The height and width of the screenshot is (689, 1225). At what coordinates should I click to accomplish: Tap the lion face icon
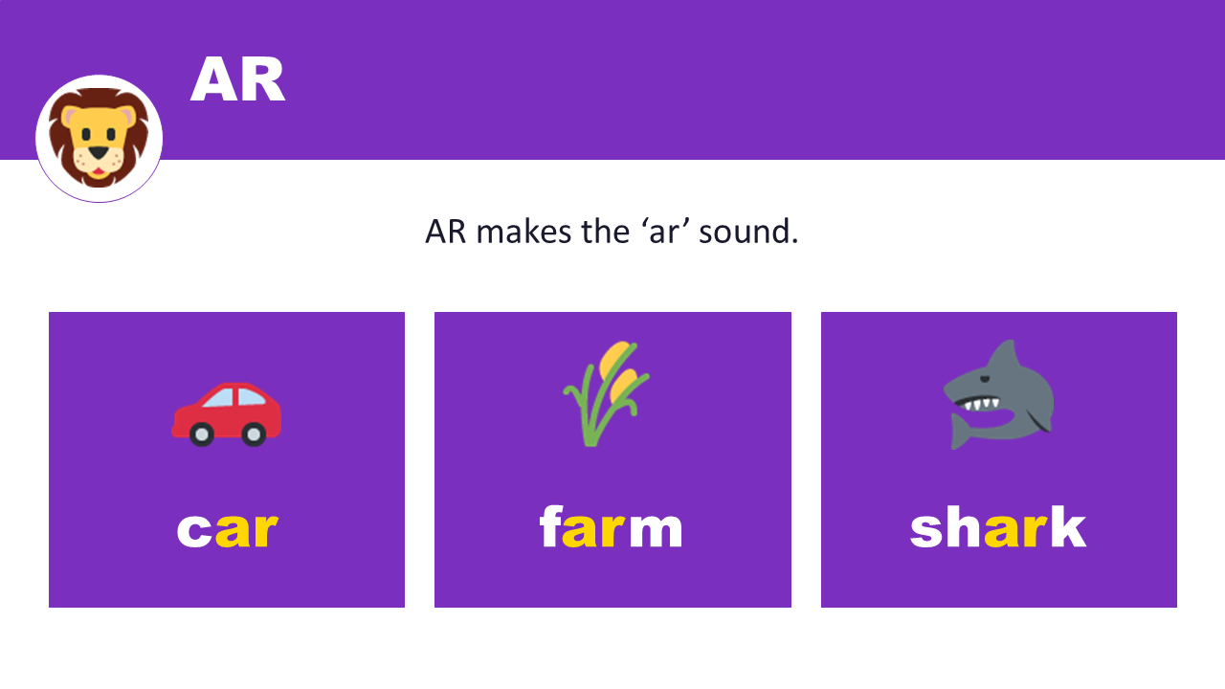pyautogui.click(x=99, y=138)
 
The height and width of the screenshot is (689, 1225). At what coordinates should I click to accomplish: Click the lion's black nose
pyautogui.click(x=98, y=152)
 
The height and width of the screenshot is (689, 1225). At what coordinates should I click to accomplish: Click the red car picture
pyautogui.click(x=227, y=414)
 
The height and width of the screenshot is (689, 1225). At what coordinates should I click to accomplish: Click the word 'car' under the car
pyautogui.click(x=227, y=529)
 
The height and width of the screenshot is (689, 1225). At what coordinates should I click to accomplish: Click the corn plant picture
pyautogui.click(x=605, y=392)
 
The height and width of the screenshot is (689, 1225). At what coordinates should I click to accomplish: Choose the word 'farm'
pyautogui.click(x=612, y=528)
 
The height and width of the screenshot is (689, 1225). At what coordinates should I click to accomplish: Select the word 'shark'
pyautogui.click(x=998, y=528)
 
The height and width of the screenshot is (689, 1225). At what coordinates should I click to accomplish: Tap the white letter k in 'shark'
pyautogui.click(x=1068, y=528)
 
